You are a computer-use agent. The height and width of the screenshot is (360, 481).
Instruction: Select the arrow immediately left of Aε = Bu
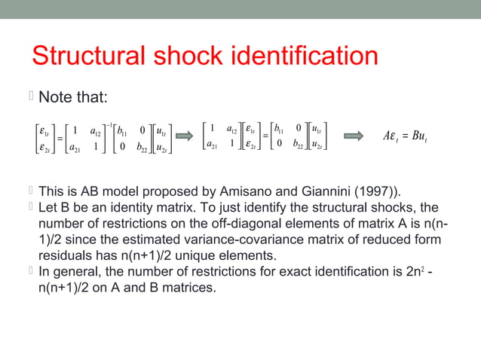click(352, 136)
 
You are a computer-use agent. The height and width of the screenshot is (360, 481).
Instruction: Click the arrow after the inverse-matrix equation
click(185, 136)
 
